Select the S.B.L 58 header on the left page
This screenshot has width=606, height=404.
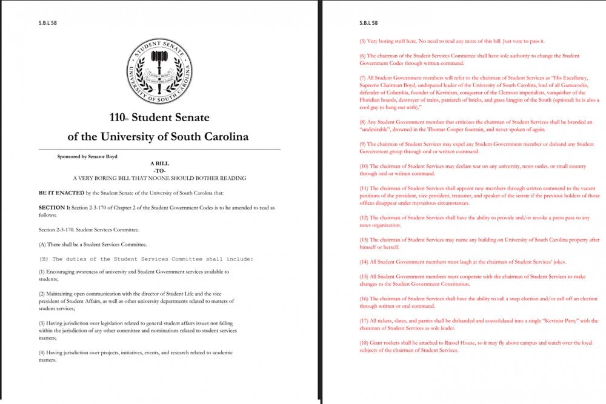coord(48,23)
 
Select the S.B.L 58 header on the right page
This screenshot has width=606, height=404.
coord(368,23)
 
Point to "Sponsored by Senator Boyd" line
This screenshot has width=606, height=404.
coord(87,157)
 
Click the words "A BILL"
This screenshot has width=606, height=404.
coord(159,164)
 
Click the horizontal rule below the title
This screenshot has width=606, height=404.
coord(159,149)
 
